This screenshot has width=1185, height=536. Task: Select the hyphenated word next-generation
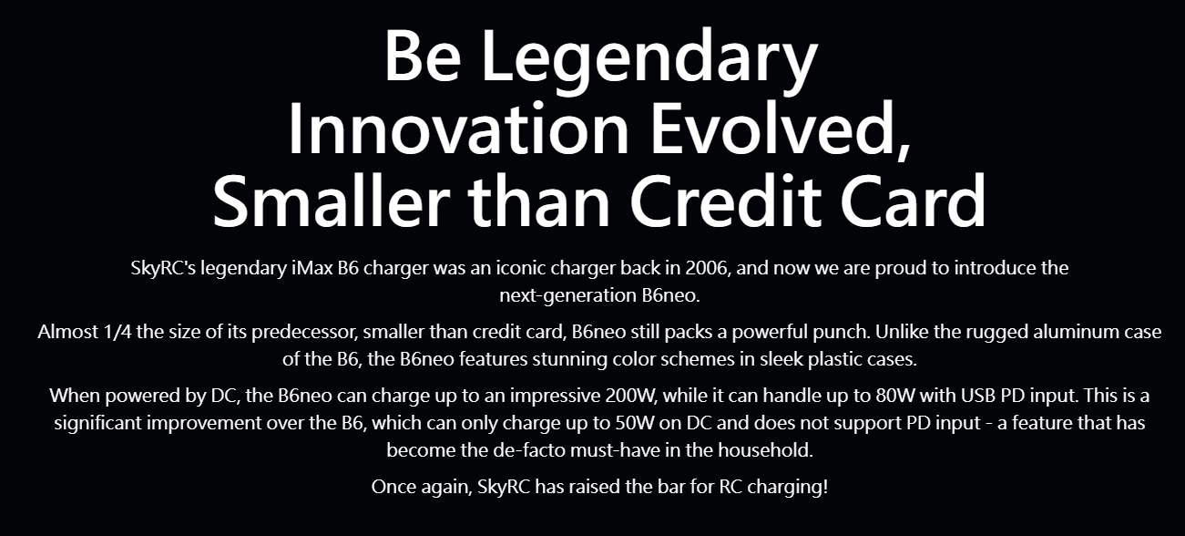[x=568, y=296]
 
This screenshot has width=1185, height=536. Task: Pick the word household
[x=765, y=450]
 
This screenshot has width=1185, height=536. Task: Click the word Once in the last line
[x=393, y=487]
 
